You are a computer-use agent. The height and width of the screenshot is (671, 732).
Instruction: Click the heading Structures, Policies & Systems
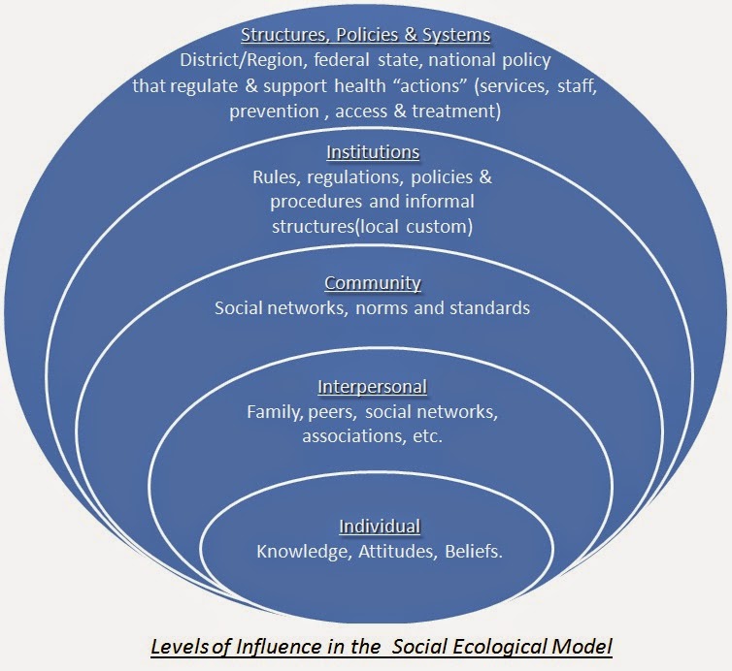point(365,36)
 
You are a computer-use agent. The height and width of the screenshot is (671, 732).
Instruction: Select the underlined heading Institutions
point(373,153)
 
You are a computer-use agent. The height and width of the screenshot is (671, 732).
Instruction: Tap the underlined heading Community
point(373,284)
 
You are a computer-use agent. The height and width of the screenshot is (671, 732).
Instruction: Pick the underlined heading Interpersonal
point(373,387)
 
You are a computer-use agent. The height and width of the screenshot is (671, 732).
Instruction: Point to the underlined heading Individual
point(379,527)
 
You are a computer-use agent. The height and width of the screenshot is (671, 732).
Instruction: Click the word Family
point(275,412)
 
